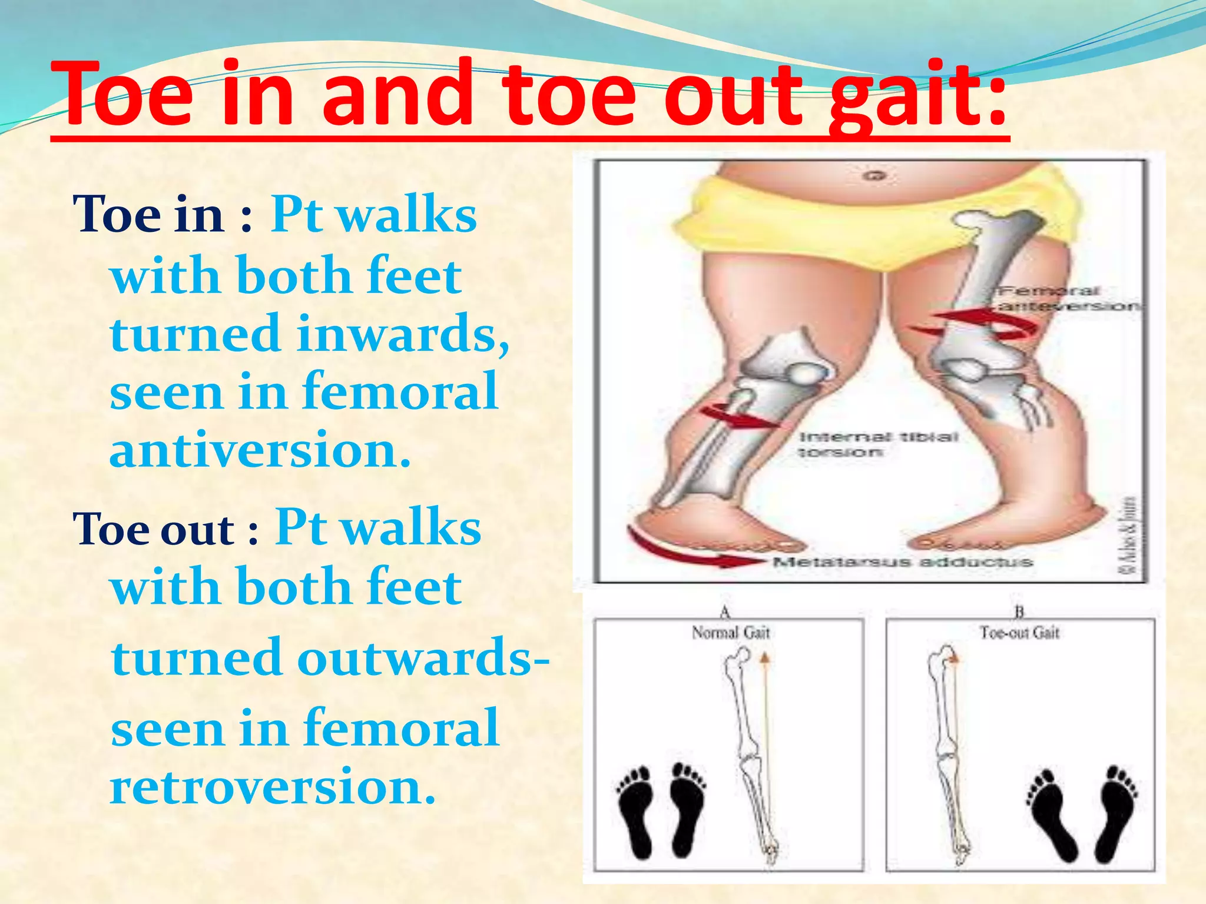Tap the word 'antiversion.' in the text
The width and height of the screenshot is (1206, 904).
coord(260,449)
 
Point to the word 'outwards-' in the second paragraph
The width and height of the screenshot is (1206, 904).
coord(423,657)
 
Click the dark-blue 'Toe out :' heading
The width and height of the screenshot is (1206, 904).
coord(165,529)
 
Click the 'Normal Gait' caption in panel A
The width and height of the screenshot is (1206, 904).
coord(731,633)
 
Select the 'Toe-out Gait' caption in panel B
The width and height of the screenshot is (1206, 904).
coord(1019,633)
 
